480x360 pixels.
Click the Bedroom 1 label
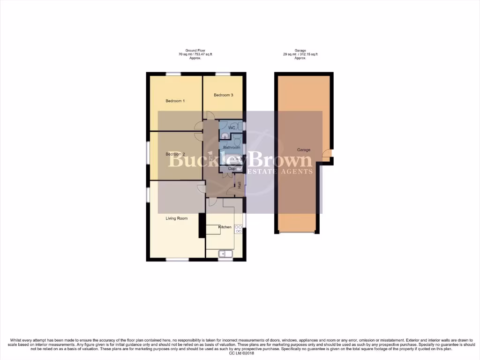pos(175,101)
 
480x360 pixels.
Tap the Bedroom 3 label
pos(223,95)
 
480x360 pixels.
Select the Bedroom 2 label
pos(175,154)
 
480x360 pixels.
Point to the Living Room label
pos(176,218)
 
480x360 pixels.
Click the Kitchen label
pos(225,227)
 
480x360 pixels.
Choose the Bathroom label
pos(232,148)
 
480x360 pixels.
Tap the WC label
pos(232,128)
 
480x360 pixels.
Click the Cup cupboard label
pos(231,168)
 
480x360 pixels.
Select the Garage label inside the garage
pos(304,150)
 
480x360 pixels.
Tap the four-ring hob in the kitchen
pos(238,229)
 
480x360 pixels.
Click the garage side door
pos(330,153)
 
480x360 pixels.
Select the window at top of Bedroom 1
pos(173,74)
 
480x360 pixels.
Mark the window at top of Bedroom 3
pos(223,74)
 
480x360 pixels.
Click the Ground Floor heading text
pos(195,50)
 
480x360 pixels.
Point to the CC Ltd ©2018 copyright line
pos(240,353)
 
